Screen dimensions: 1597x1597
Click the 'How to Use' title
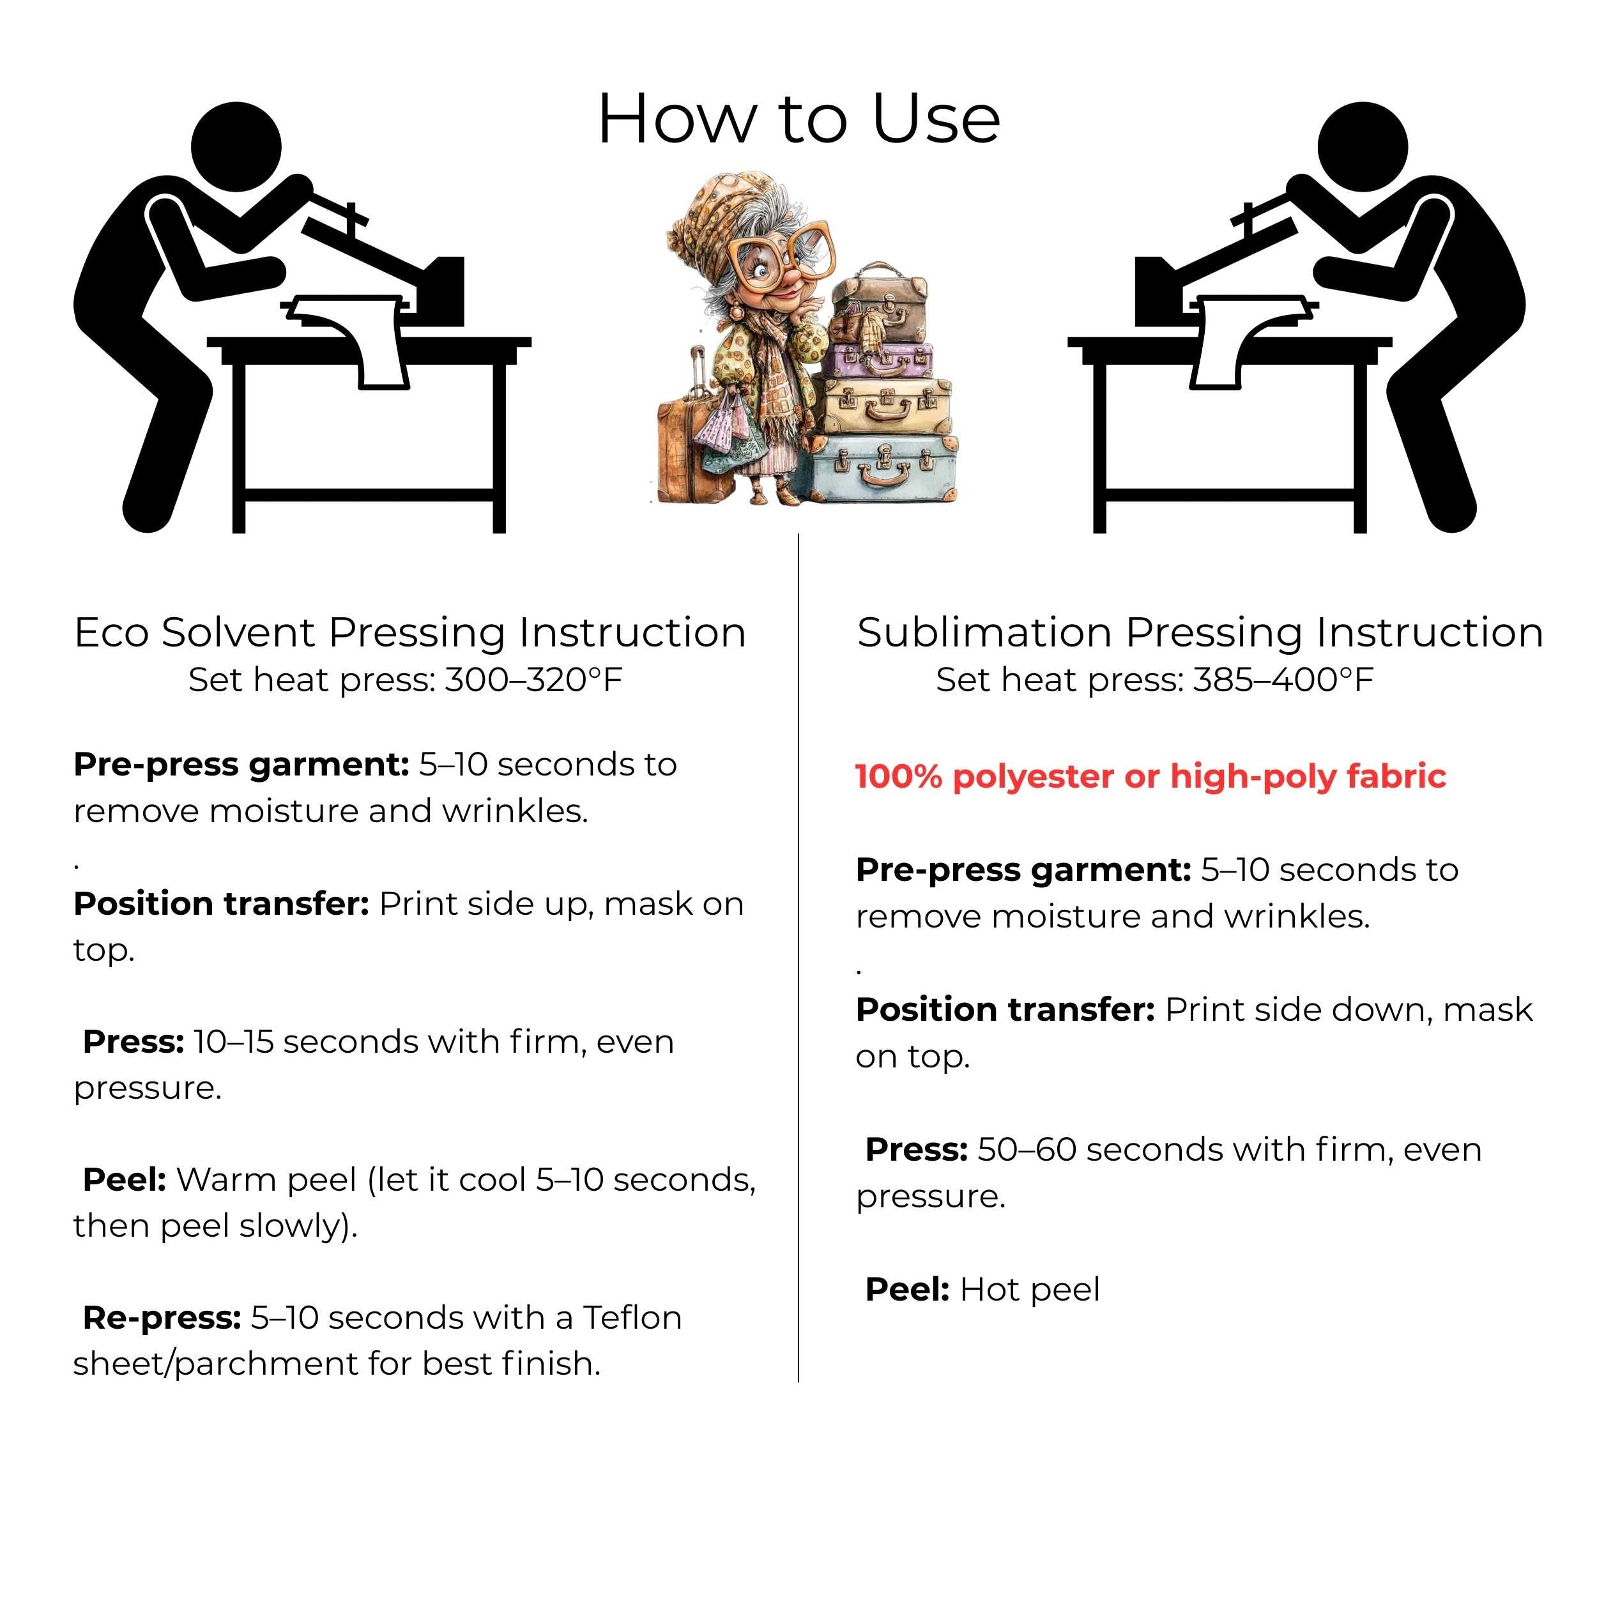pos(798,118)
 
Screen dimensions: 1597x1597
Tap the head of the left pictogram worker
pos(236,147)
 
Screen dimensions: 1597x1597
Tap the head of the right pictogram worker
pos(1363,147)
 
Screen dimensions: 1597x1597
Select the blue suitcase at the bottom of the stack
pos(883,469)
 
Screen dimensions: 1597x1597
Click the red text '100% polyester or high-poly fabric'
pos(1150,776)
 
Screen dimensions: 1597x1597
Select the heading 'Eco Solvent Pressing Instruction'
pos(410,632)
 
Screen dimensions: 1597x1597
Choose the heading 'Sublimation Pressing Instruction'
pos(1200,632)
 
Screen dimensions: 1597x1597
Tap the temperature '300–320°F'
pos(534,680)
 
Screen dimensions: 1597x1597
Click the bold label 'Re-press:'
pos(162,1318)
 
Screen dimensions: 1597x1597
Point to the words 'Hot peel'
pos(1030,1290)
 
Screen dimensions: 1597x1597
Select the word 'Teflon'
pos(632,1318)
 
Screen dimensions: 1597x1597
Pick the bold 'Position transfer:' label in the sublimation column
pos(1005,1009)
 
